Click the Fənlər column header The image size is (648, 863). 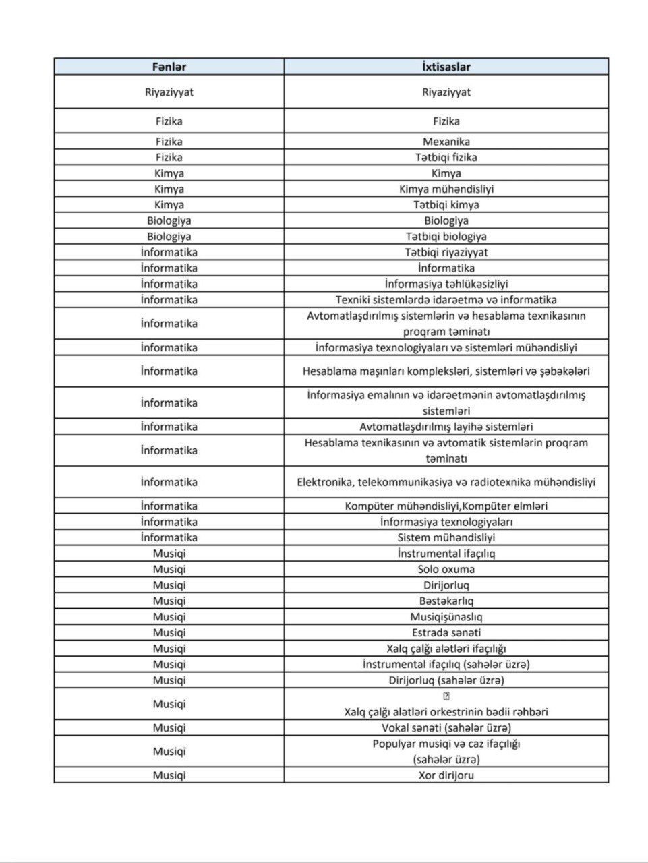pyautogui.click(x=169, y=67)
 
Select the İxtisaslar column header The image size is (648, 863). pyautogui.click(x=446, y=67)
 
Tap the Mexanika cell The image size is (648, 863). pyautogui.click(x=446, y=142)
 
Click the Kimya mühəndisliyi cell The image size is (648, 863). pyautogui.click(x=446, y=189)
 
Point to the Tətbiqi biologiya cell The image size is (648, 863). pyautogui.click(x=446, y=237)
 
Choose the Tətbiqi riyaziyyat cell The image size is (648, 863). pyautogui.click(x=446, y=252)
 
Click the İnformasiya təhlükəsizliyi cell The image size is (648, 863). pyautogui.click(x=446, y=284)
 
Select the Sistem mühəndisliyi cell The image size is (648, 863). pyautogui.click(x=446, y=537)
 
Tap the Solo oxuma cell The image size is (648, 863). pyautogui.click(x=446, y=569)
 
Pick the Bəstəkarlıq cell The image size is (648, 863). pyautogui.click(x=446, y=601)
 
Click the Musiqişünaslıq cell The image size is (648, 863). pyautogui.click(x=446, y=617)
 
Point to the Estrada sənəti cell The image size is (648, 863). pyautogui.click(x=446, y=632)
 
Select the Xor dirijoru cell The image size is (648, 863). pyautogui.click(x=446, y=775)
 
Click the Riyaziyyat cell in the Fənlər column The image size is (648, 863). pyautogui.click(x=169, y=92)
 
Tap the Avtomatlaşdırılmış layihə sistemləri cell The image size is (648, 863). pyautogui.click(x=446, y=427)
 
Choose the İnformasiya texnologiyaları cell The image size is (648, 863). pyautogui.click(x=446, y=522)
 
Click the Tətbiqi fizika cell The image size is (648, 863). pyautogui.click(x=446, y=157)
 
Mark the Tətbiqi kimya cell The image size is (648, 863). pyautogui.click(x=446, y=205)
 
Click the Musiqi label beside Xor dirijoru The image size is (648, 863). pyautogui.click(x=169, y=775)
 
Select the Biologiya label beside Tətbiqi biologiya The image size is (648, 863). pyautogui.click(x=169, y=237)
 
